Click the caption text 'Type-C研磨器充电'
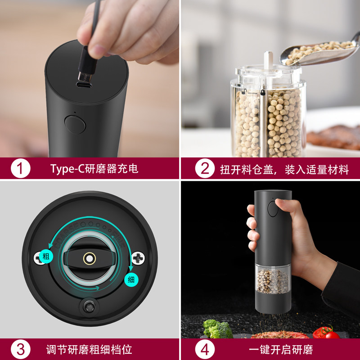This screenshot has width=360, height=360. tap(94, 169)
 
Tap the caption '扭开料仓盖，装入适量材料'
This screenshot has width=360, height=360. tap(284, 170)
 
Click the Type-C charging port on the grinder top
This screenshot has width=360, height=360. tap(83, 84)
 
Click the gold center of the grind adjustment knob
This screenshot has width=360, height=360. tap(89, 258)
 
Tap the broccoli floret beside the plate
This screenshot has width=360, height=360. tap(218, 328)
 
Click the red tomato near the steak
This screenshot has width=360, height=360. tap(331, 333)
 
